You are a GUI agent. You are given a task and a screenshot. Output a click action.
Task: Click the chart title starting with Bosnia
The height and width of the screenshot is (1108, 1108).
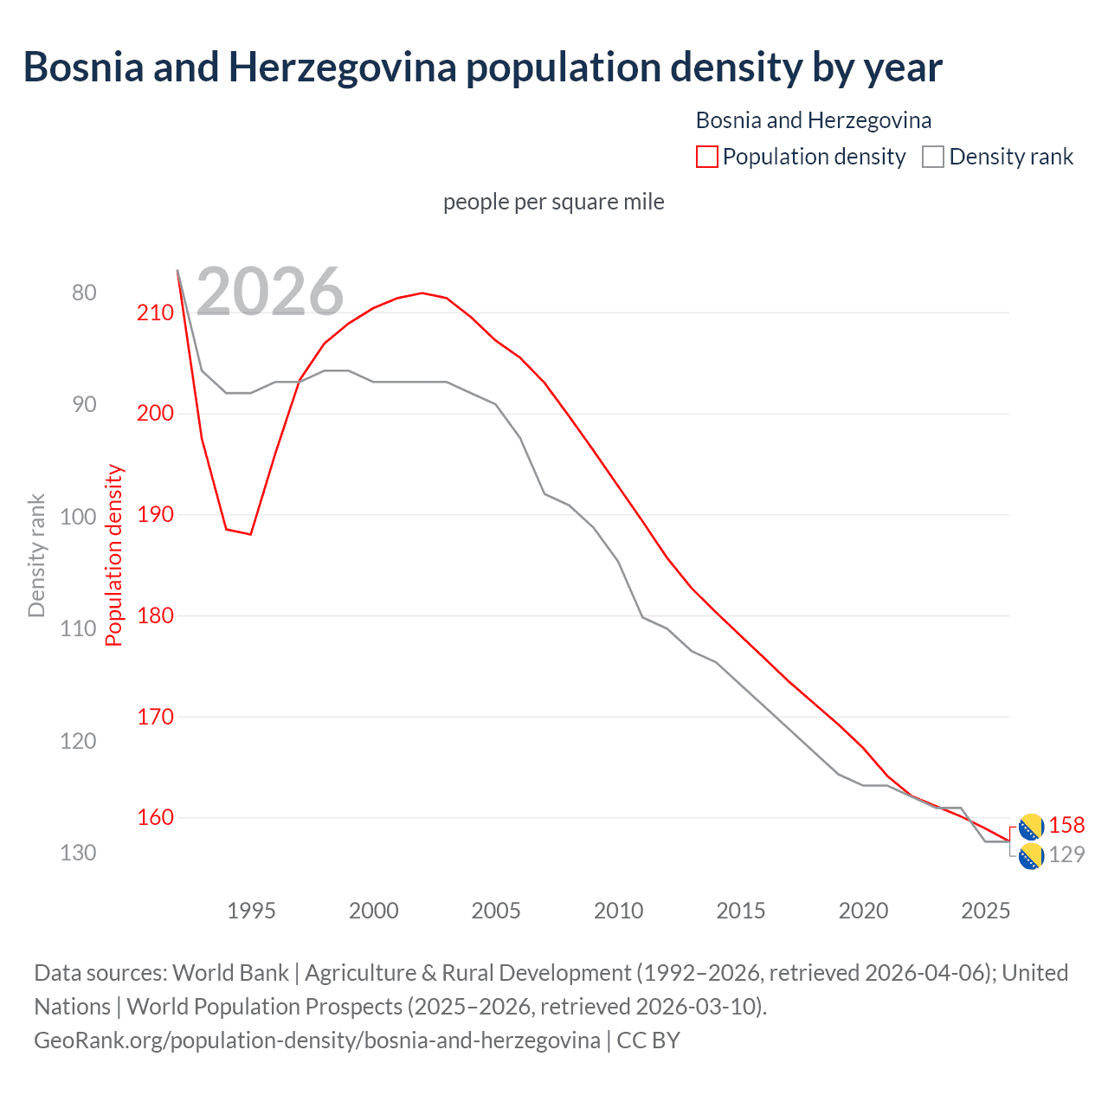click(482, 68)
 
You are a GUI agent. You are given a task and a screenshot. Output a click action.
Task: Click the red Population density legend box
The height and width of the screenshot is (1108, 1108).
click(706, 157)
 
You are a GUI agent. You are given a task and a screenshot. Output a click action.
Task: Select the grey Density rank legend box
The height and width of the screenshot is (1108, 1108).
click(932, 157)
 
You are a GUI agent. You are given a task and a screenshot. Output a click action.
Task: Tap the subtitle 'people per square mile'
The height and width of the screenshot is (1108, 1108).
click(553, 202)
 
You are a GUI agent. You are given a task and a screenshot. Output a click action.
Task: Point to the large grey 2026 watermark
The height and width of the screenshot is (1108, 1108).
click(270, 292)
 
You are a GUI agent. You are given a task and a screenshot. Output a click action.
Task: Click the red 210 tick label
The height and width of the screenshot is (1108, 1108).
click(155, 312)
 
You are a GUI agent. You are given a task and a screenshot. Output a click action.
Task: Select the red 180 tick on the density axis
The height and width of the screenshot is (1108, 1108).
click(155, 615)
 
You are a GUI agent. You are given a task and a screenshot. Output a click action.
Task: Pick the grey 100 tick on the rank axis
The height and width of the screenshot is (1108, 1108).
click(78, 517)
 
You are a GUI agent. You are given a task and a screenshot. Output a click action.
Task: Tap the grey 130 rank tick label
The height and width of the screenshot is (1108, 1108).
click(78, 853)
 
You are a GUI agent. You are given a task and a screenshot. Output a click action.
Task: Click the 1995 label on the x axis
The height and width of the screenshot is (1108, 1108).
click(251, 911)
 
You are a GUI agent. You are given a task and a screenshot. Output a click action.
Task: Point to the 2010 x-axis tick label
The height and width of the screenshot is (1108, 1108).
click(618, 911)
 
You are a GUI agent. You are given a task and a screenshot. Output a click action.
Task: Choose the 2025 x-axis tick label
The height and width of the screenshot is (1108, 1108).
click(985, 911)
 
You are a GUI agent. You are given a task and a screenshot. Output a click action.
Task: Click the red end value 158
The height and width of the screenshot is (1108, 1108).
click(1066, 826)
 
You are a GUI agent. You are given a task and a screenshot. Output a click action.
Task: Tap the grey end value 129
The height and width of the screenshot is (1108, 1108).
click(1066, 855)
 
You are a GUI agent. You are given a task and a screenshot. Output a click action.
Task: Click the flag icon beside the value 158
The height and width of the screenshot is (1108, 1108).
click(1031, 827)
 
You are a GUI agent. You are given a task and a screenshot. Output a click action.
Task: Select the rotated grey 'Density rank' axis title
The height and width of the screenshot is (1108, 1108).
click(36, 556)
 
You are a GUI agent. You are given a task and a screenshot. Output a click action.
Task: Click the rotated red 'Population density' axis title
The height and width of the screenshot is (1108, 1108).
click(114, 556)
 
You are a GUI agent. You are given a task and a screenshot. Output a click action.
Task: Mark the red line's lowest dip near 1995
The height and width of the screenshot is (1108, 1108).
click(250, 534)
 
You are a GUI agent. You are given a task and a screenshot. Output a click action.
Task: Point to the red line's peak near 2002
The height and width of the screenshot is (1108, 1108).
click(422, 293)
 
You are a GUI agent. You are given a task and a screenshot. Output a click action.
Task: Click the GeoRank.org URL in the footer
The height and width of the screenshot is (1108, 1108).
click(317, 1040)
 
